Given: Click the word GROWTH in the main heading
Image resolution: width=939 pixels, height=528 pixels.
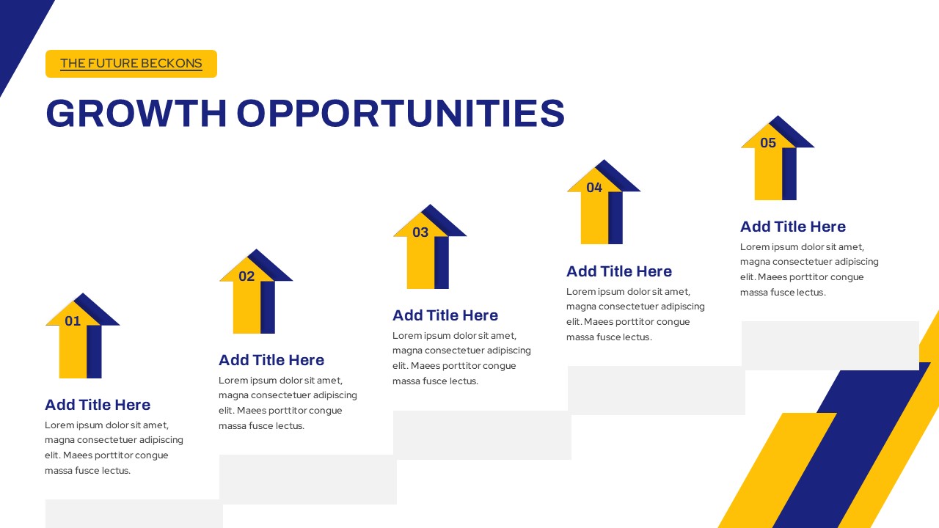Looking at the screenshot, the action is click(x=136, y=113).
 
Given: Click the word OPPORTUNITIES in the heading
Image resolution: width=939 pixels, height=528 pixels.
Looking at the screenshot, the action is click(x=401, y=113).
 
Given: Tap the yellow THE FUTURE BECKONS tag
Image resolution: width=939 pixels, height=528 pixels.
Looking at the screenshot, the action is click(x=131, y=64).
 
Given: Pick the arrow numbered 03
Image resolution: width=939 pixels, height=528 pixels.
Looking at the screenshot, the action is click(x=429, y=247).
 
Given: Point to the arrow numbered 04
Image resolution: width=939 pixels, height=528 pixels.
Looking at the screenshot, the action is click(x=603, y=202).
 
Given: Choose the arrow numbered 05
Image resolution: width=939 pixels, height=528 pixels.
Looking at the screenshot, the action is click(x=777, y=158).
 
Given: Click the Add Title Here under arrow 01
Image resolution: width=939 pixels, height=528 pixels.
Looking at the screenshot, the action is click(x=98, y=405).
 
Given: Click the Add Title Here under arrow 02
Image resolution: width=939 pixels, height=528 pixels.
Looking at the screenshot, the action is click(x=271, y=360).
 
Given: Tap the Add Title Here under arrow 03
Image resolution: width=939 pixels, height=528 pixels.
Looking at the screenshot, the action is click(x=445, y=315).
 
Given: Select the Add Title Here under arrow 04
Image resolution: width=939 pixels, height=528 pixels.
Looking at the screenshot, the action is click(x=619, y=271).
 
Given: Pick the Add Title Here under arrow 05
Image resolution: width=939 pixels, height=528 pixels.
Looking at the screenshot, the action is click(x=793, y=227).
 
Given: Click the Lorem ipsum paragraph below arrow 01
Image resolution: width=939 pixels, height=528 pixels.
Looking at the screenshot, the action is click(x=114, y=447).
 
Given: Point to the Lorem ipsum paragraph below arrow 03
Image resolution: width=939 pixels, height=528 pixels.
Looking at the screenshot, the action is click(x=461, y=359).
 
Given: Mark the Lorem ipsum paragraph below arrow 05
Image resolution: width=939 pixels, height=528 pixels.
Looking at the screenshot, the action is click(x=809, y=269).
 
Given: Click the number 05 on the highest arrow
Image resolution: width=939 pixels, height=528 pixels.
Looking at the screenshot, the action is click(x=768, y=143).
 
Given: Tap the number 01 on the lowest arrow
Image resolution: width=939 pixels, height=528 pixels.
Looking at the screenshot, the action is click(x=73, y=321).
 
